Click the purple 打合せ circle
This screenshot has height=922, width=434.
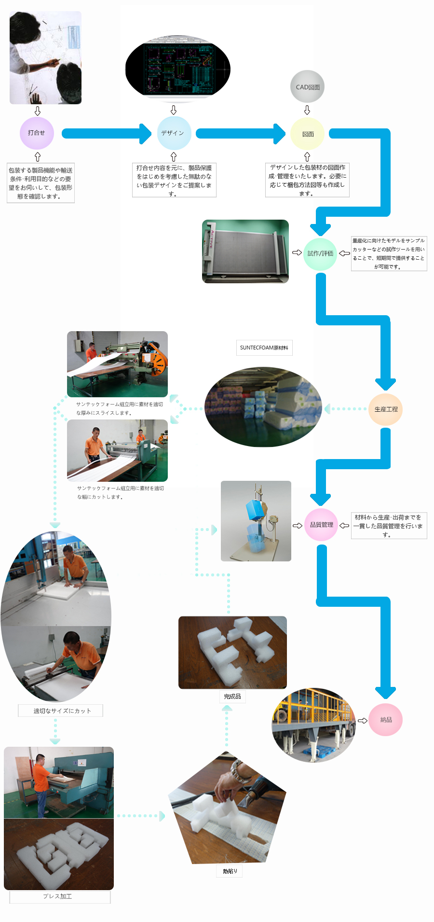click(x=37, y=133)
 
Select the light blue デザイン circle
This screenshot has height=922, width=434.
click(x=174, y=133)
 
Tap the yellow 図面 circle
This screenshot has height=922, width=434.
click(x=308, y=134)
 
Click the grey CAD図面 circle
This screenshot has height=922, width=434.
click(x=308, y=87)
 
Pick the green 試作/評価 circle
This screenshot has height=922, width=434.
click(x=320, y=253)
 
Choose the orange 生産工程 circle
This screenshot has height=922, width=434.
click(x=386, y=409)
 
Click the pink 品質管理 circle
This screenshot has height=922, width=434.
click(x=321, y=525)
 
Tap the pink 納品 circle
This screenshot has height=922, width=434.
click(x=386, y=720)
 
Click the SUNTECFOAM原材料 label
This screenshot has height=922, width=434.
click(x=264, y=348)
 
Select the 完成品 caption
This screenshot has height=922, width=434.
click(x=232, y=697)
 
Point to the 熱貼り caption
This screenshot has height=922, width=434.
click(x=230, y=871)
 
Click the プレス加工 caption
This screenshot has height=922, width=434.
click(x=58, y=896)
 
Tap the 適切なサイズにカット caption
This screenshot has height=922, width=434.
click(x=62, y=711)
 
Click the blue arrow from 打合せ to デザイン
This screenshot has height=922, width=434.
click(x=106, y=133)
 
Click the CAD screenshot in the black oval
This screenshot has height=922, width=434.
click(x=177, y=69)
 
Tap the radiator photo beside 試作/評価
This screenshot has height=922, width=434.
click(x=245, y=251)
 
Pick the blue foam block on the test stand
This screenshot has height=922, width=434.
click(x=256, y=510)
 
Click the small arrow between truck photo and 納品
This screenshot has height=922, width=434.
click(x=362, y=720)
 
